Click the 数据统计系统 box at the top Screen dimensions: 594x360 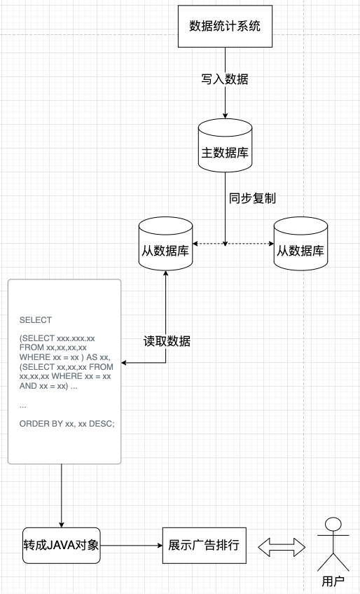click(225, 27)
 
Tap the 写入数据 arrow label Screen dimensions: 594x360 click(225, 79)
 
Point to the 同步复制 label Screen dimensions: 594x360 click(252, 198)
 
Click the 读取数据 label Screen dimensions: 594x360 click(167, 342)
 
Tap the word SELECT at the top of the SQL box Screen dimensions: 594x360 click(36, 320)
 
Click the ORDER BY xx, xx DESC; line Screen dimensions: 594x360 click(67, 424)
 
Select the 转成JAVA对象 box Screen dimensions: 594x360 click(62, 544)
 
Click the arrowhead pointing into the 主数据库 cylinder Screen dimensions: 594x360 click(225, 116)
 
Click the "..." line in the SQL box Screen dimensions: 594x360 click(23, 405)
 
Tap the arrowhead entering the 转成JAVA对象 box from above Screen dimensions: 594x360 click(62, 524)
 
